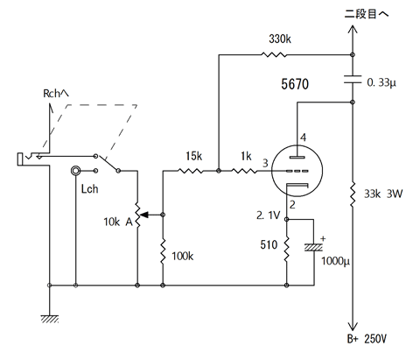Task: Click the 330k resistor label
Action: [x=280, y=39]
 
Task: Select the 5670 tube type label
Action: [x=295, y=84]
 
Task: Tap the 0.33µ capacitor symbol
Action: [x=353, y=80]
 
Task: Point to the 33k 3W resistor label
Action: [x=383, y=194]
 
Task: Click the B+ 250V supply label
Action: [x=367, y=339]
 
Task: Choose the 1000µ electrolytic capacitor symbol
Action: [x=314, y=248]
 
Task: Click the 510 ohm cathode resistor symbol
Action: [x=286, y=249]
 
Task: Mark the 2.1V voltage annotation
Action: [x=268, y=215]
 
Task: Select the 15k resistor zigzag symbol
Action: [x=190, y=171]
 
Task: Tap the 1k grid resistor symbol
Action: [x=244, y=171]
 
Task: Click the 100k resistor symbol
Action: [x=163, y=251]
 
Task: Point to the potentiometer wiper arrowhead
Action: [x=145, y=215]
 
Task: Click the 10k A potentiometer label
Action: [x=118, y=222]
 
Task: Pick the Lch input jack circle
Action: [x=75, y=171]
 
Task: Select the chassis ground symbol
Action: [x=50, y=319]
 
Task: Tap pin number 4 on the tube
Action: [x=304, y=138]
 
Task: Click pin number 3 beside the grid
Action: [x=265, y=163]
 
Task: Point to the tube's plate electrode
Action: [x=297, y=157]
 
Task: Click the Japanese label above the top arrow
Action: [x=367, y=14]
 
